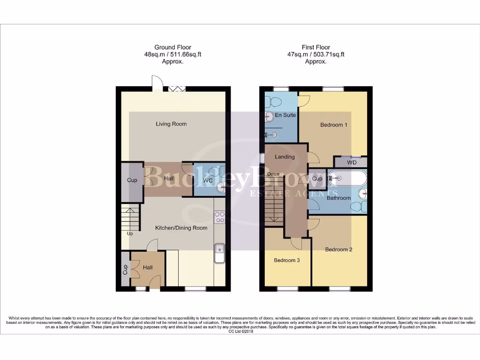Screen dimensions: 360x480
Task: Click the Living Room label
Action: (x=171, y=124)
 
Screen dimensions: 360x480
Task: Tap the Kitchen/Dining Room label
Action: (x=181, y=228)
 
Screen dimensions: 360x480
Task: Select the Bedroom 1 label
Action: (x=334, y=125)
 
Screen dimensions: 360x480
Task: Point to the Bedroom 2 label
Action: (x=339, y=250)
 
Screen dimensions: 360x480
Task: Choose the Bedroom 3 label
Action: (x=287, y=261)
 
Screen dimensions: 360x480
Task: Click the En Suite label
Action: (x=285, y=115)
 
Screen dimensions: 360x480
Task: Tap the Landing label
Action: (x=285, y=157)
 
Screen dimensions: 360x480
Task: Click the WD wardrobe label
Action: (x=352, y=163)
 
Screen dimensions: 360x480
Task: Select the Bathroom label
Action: (x=338, y=198)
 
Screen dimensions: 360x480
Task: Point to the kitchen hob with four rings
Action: (x=219, y=217)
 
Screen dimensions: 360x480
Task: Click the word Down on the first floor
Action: (x=273, y=174)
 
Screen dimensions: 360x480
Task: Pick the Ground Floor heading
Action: (x=172, y=47)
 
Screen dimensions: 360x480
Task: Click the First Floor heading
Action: (x=316, y=47)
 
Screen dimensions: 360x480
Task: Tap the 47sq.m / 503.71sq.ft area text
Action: (x=316, y=54)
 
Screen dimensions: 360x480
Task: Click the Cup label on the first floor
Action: (x=317, y=179)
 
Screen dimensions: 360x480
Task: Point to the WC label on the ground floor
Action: (x=207, y=180)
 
